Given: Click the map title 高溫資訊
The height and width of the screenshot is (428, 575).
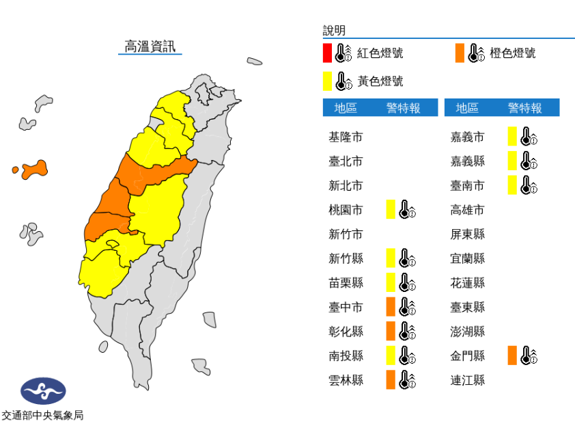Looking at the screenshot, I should [x=150, y=46].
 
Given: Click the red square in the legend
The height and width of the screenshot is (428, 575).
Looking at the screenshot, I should [x=328, y=53].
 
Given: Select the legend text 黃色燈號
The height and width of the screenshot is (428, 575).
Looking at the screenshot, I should [x=380, y=81].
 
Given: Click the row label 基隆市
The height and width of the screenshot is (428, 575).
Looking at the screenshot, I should [x=346, y=137].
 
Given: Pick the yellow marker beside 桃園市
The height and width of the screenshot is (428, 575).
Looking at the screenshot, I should [x=391, y=209].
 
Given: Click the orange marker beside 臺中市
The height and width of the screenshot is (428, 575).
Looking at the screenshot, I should [x=391, y=306].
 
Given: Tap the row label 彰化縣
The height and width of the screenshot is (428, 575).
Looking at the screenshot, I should [x=346, y=332].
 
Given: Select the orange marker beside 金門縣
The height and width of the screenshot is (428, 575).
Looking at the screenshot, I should [x=512, y=356].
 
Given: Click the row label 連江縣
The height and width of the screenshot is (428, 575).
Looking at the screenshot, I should [x=468, y=379].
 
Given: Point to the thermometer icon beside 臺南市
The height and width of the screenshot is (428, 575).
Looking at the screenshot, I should [x=529, y=185].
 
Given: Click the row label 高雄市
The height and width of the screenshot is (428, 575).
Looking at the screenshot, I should [x=468, y=210].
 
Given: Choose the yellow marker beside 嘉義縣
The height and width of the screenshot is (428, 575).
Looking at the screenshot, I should [x=512, y=161].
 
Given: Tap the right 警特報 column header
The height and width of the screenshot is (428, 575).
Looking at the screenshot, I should [x=524, y=108].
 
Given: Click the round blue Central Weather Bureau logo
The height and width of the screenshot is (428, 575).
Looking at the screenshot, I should [x=44, y=391].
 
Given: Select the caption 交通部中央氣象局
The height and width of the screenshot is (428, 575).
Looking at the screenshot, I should [x=42, y=415].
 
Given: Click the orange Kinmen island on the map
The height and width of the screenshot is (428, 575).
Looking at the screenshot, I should [x=34, y=169].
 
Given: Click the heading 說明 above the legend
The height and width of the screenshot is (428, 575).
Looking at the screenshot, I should [x=335, y=31].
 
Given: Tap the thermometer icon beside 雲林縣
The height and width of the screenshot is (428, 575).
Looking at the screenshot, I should [x=407, y=379].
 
